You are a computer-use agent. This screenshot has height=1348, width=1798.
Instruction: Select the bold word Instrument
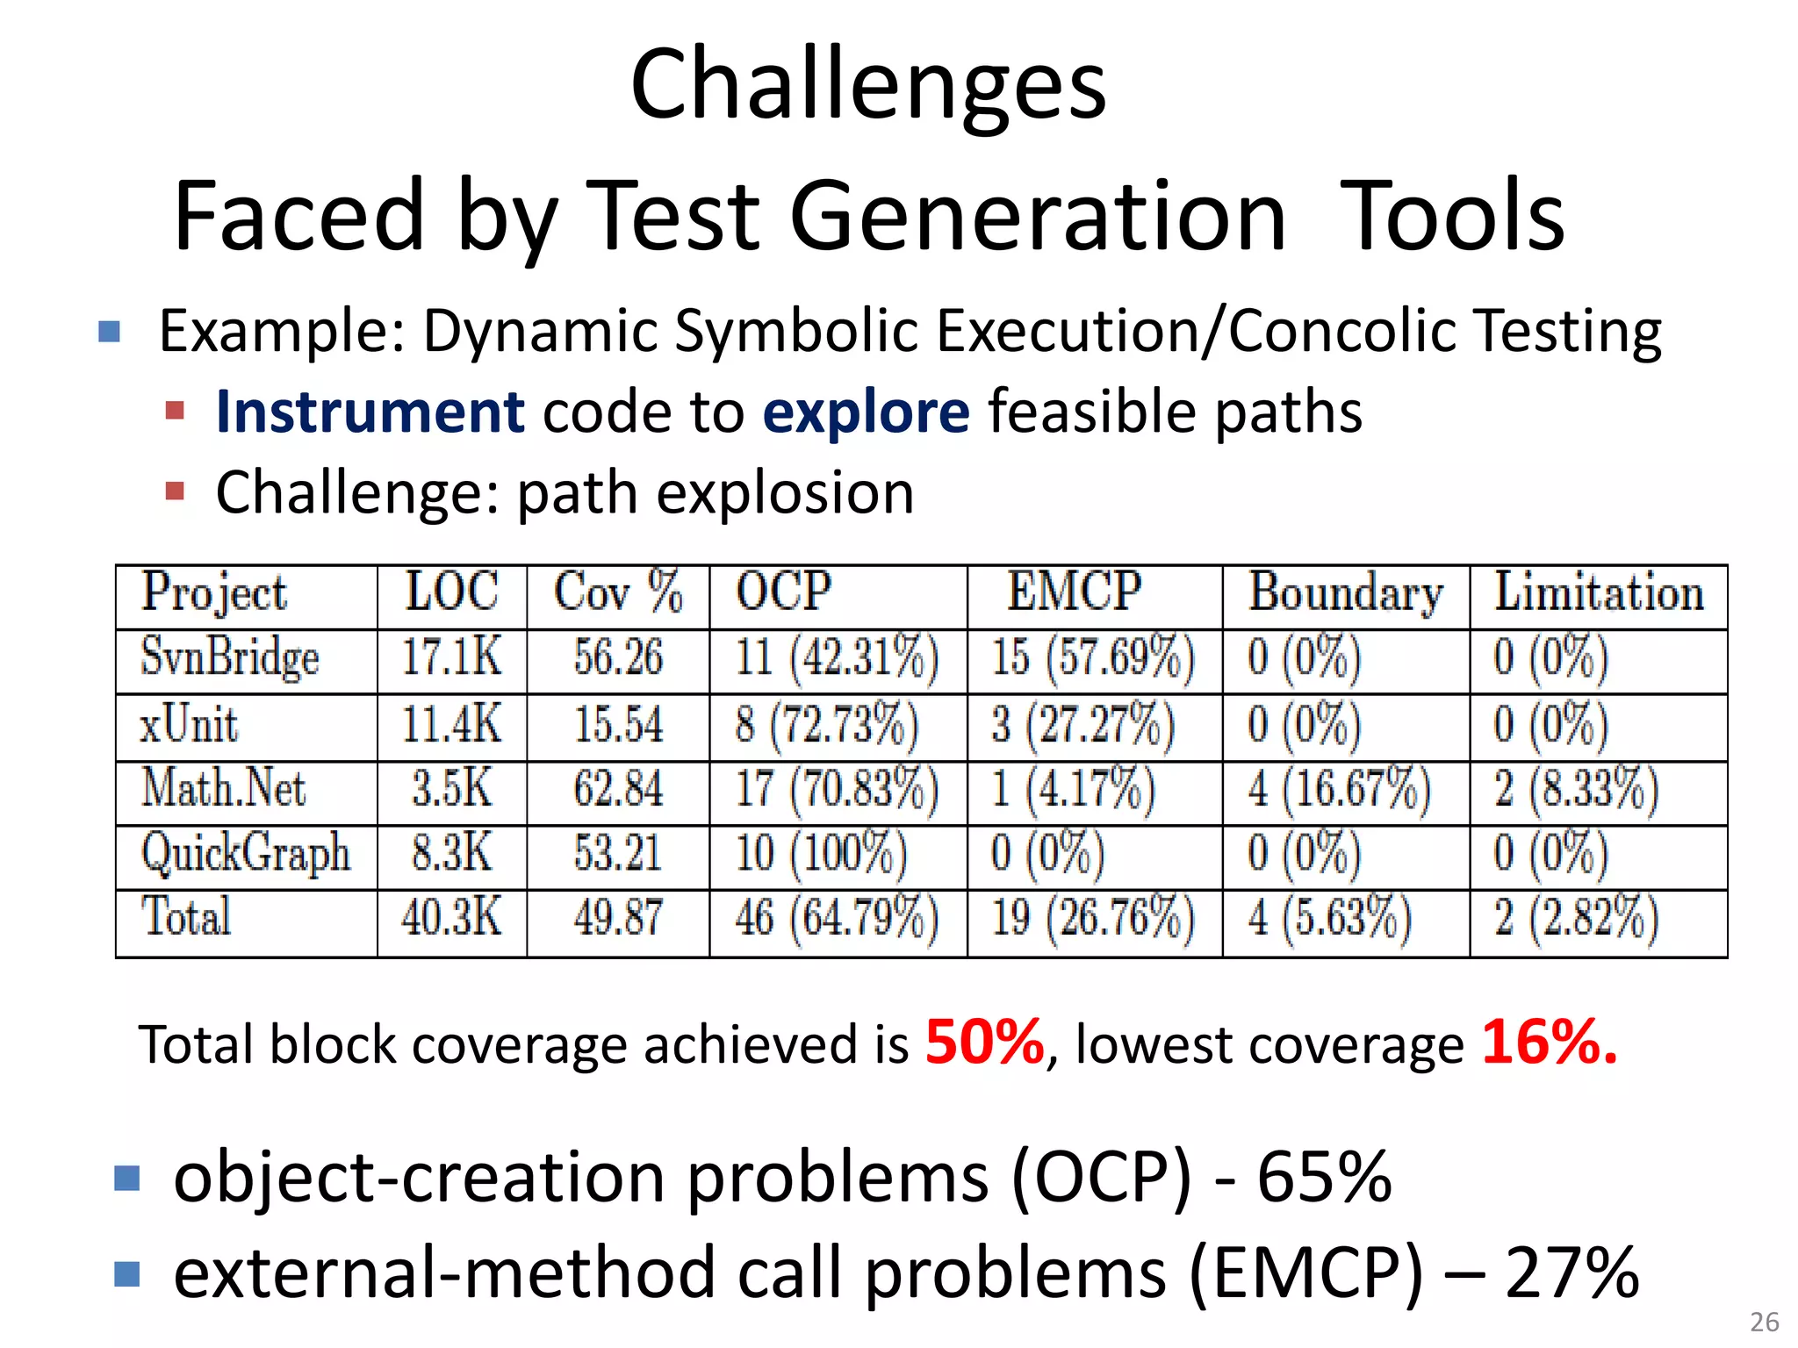pyautogui.click(x=370, y=412)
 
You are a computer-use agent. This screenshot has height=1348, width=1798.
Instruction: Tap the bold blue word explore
pyautogui.click(x=866, y=412)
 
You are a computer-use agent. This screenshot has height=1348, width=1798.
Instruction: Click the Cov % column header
pyautogui.click(x=617, y=592)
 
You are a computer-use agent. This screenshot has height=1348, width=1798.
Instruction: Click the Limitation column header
pyautogui.click(x=1599, y=592)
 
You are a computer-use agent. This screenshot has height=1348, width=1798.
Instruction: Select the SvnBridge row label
pyautogui.click(x=230, y=658)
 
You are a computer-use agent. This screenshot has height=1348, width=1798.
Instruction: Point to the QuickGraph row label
pyautogui.click(x=246, y=854)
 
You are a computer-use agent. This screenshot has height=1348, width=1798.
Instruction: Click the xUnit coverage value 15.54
pyautogui.click(x=618, y=725)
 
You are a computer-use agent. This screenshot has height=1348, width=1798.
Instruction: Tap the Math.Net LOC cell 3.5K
pyautogui.click(x=452, y=788)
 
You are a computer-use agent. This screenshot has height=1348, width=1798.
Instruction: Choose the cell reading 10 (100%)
pyautogui.click(x=821, y=853)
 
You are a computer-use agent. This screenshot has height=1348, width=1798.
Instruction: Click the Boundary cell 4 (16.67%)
pyautogui.click(x=1340, y=788)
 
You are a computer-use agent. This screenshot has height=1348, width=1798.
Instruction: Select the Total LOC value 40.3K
pyautogui.click(x=452, y=918)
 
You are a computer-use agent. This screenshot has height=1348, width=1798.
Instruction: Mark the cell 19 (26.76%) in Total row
pyautogui.click(x=1093, y=918)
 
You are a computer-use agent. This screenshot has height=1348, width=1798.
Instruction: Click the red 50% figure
pyautogui.click(x=984, y=1042)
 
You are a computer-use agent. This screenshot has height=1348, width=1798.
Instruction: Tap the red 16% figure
pyautogui.click(x=1549, y=1042)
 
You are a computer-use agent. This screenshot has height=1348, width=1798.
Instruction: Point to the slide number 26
pyautogui.click(x=1764, y=1322)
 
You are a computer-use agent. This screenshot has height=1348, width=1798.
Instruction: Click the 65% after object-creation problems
pyautogui.click(x=1324, y=1177)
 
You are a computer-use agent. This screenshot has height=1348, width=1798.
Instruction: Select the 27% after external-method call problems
pyautogui.click(x=1571, y=1273)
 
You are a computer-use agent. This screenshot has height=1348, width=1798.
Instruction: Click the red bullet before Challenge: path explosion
pyautogui.click(x=175, y=491)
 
